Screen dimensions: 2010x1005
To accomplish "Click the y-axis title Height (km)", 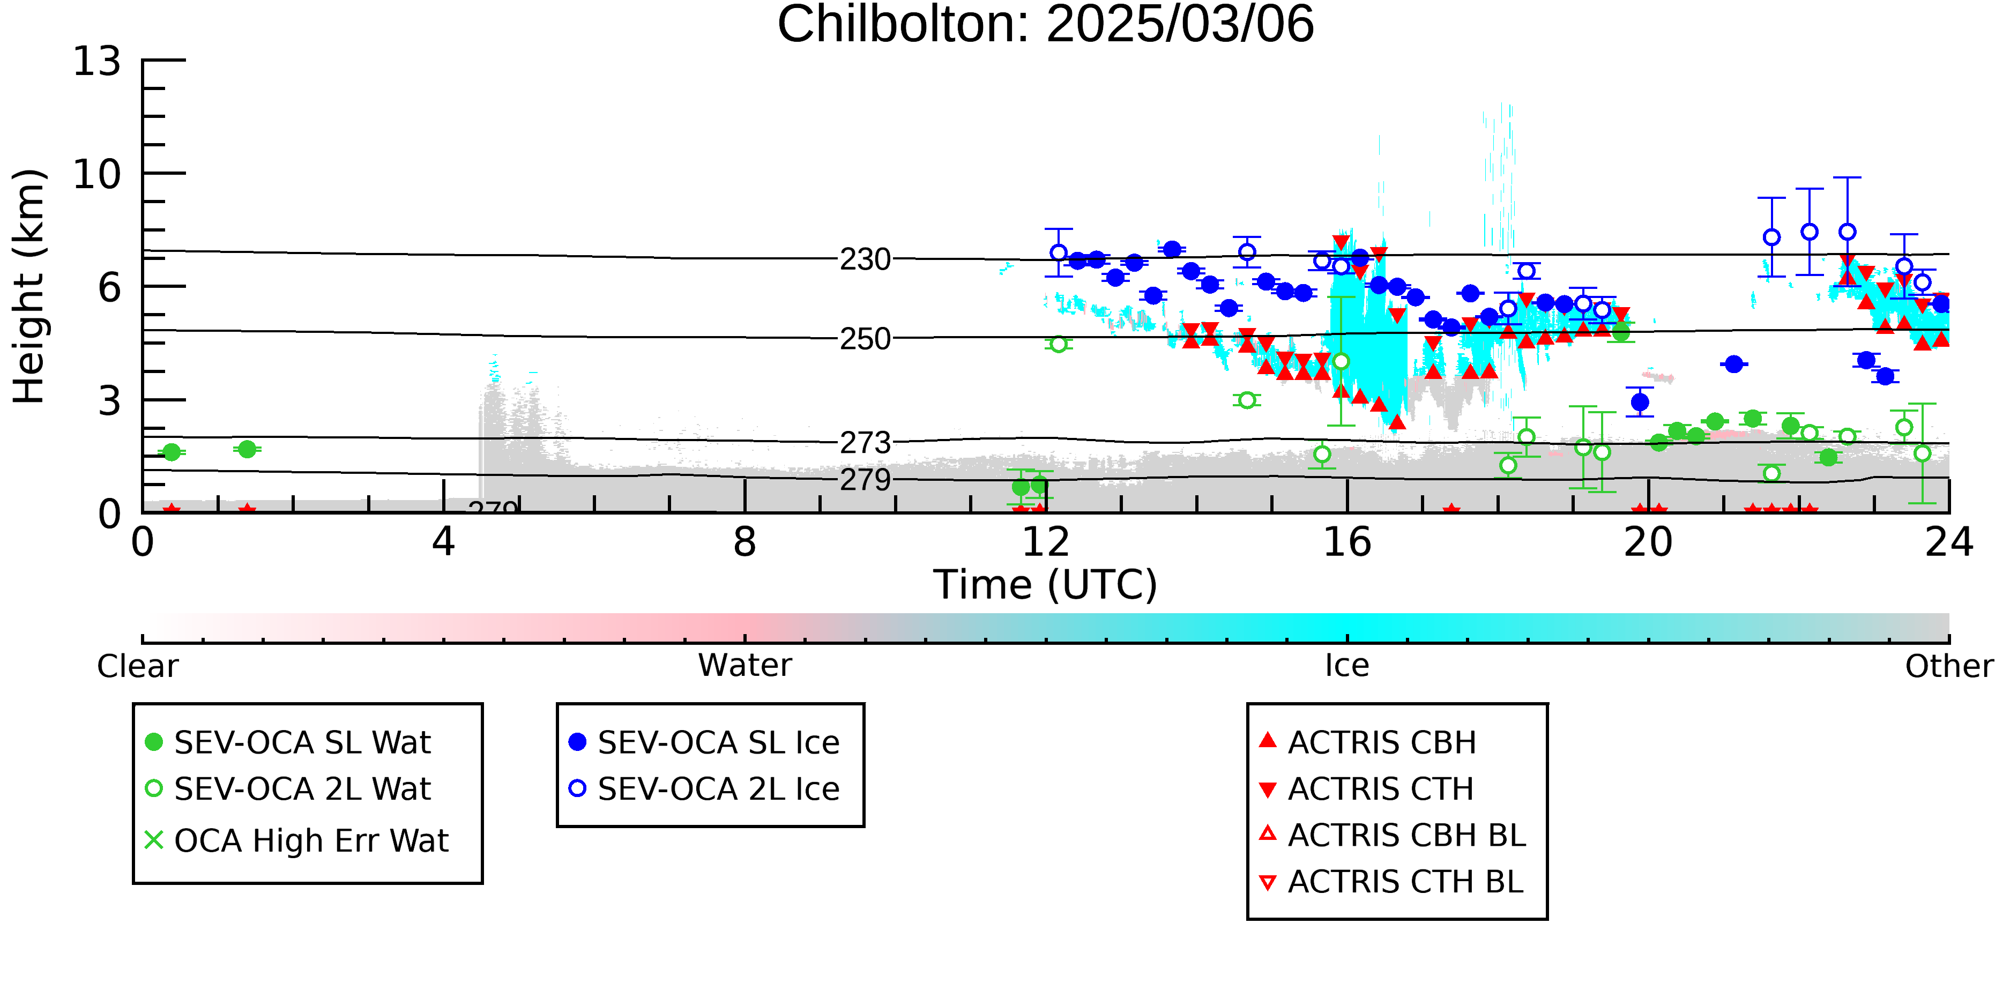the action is click(x=29, y=286).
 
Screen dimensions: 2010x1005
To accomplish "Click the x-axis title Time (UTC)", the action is click(x=1046, y=585).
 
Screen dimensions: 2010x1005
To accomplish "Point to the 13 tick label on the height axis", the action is click(x=98, y=61).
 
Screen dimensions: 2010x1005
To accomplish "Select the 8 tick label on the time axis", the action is click(x=745, y=542).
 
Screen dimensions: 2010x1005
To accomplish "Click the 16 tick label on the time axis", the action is click(x=1348, y=542).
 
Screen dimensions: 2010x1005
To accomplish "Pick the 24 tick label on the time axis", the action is click(x=1949, y=542).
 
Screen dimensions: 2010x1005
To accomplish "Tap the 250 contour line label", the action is click(x=865, y=339).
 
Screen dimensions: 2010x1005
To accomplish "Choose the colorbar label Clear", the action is click(x=137, y=666).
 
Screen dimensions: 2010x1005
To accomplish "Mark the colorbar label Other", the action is click(x=1949, y=666).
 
